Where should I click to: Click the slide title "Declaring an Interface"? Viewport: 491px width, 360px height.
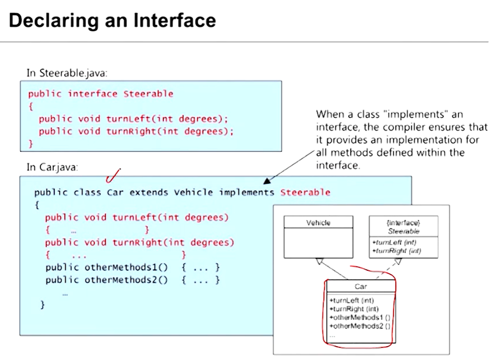point(112,21)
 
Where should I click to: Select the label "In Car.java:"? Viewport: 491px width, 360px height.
point(52,167)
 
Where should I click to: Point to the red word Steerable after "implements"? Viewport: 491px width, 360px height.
point(305,192)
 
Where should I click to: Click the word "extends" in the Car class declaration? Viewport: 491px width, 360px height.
point(148,192)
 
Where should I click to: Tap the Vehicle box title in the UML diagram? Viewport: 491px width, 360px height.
point(318,223)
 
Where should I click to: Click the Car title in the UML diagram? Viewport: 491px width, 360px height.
point(361,287)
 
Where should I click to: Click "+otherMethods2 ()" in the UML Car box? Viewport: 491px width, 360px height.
point(360,326)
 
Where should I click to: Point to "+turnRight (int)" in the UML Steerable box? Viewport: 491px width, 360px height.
point(396,251)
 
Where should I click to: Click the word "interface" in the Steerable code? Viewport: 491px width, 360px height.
point(93,94)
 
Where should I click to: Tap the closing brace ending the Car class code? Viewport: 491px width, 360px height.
point(42,304)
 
